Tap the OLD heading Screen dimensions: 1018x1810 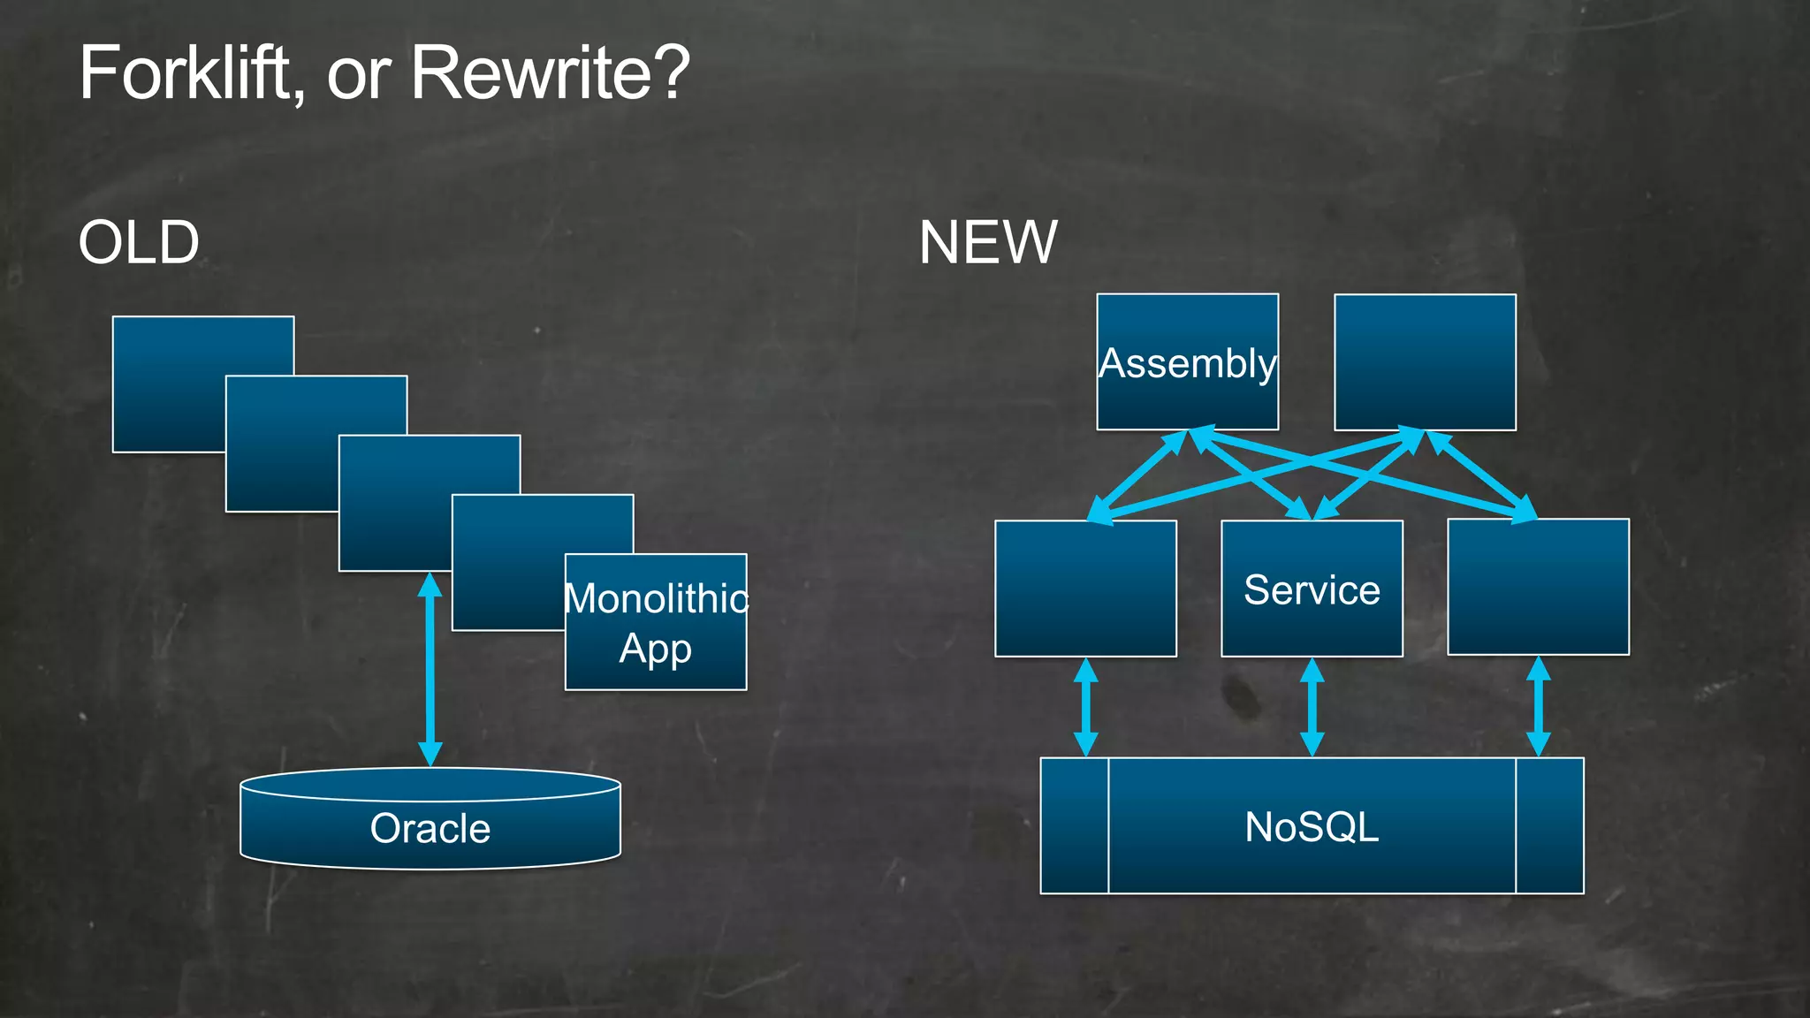click(x=139, y=242)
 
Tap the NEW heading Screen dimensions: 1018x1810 click(x=987, y=242)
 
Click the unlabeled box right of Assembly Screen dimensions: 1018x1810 click(x=1425, y=362)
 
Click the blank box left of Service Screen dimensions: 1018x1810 click(x=1085, y=589)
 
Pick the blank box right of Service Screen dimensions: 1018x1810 click(x=1538, y=587)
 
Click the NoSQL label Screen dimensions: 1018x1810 click(x=1312, y=827)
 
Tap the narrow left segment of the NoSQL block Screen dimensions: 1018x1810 click(x=1075, y=825)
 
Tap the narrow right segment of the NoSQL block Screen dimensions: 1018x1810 click(x=1549, y=825)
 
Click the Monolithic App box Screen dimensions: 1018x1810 click(x=656, y=622)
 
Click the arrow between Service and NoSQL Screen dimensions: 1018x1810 click(x=1312, y=707)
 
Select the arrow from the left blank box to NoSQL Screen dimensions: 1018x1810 click(x=1086, y=707)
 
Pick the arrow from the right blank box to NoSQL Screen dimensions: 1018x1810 click(x=1539, y=706)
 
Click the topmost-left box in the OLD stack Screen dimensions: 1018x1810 click(x=168, y=384)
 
